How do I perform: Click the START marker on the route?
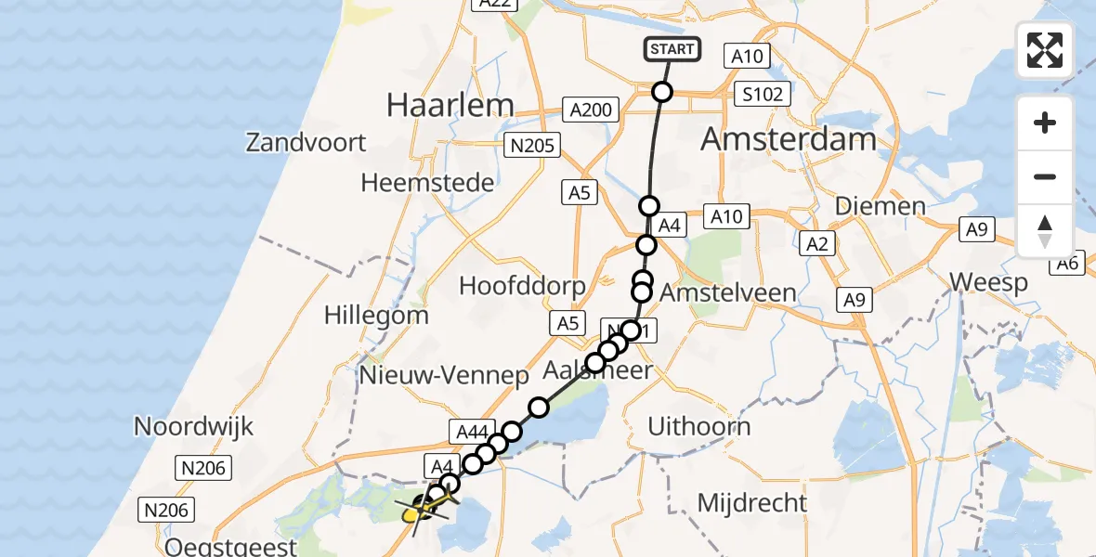(672, 49)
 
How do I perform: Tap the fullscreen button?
(1045, 50)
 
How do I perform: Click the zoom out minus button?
(1045, 176)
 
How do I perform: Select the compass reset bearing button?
(1045, 231)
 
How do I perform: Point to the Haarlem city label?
(450, 105)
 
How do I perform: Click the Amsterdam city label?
(788, 139)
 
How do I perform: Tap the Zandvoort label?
(307, 143)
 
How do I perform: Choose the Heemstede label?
(427, 183)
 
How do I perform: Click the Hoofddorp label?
(522, 285)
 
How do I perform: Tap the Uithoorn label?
(698, 427)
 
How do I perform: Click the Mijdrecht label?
(752, 503)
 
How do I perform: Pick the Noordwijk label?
(193, 426)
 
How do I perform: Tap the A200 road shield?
(591, 110)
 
